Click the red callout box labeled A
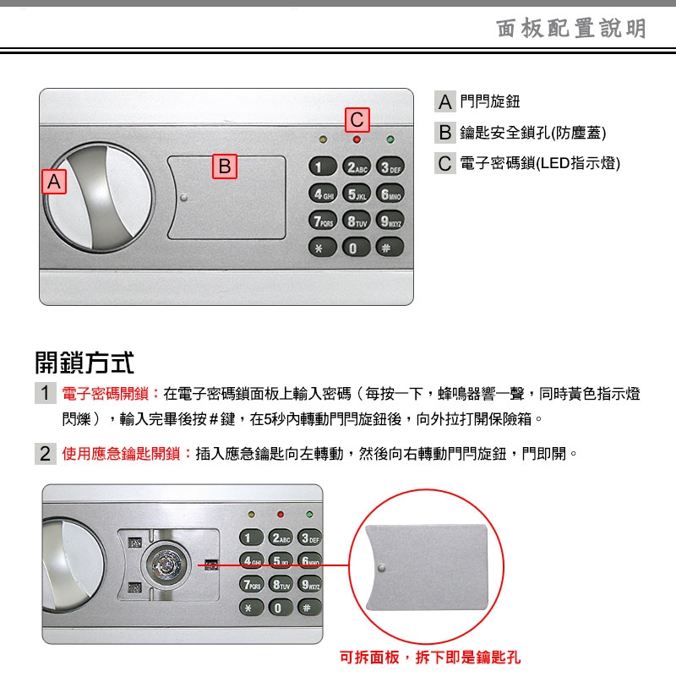[54, 182]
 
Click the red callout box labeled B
[225, 166]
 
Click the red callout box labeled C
[357, 120]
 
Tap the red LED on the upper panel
[357, 139]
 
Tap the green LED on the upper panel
[390, 139]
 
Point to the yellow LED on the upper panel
[323, 139]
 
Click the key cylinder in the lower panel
[166, 565]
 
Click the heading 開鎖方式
[84, 363]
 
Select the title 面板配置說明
[571, 29]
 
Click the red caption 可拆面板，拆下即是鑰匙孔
[430, 658]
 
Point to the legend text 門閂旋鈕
[489, 101]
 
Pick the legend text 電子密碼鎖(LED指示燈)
[540, 163]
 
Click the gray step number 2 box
[46, 454]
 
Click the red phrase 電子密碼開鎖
[105, 393]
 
